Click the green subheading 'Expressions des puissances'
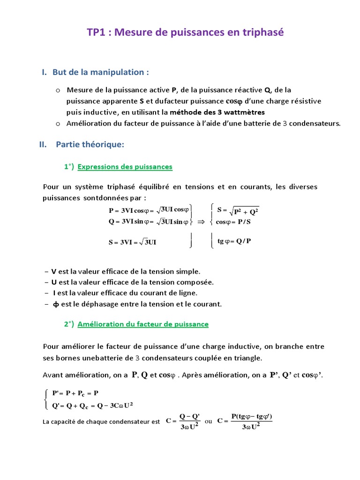click(x=125, y=167)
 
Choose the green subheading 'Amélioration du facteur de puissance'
click(x=143, y=324)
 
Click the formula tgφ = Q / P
click(x=234, y=241)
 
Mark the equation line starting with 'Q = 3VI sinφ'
click(x=148, y=222)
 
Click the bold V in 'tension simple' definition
click(x=54, y=271)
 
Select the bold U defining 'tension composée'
click(x=54, y=282)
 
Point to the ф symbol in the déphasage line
click(x=56, y=304)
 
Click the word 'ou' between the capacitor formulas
click(x=209, y=421)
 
